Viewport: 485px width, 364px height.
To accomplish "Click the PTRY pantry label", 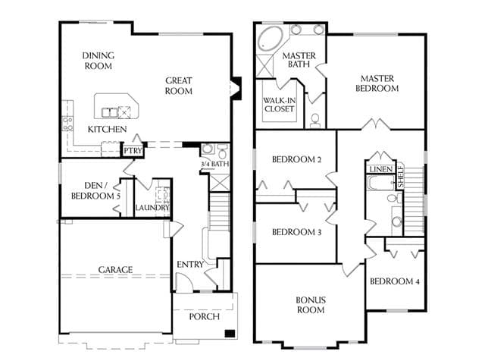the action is pyautogui.click(x=133, y=151).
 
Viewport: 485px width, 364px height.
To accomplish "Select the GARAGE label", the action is pyautogui.click(x=115, y=270).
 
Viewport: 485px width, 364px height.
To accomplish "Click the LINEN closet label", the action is pyautogui.click(x=380, y=169).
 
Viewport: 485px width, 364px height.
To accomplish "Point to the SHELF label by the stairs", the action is pyautogui.click(x=401, y=177).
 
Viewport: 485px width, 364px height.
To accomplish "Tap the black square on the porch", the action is pyautogui.click(x=230, y=334).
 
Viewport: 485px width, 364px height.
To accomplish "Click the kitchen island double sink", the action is pyautogui.click(x=110, y=112).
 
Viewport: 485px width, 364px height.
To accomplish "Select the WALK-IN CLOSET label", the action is pyautogui.click(x=280, y=105).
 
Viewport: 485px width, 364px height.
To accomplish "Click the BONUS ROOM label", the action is pyautogui.click(x=311, y=305).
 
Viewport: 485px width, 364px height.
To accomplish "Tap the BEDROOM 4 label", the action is pyautogui.click(x=395, y=281).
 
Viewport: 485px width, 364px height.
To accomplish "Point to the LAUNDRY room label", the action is pyautogui.click(x=152, y=207).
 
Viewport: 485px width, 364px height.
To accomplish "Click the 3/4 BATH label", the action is pyautogui.click(x=215, y=164).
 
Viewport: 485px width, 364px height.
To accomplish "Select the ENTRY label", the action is pyautogui.click(x=190, y=265).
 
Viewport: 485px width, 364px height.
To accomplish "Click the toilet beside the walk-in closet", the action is pyautogui.click(x=315, y=120).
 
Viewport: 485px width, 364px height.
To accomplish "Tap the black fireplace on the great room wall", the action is pyautogui.click(x=236, y=88).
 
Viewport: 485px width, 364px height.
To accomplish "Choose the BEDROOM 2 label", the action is pyautogui.click(x=296, y=159).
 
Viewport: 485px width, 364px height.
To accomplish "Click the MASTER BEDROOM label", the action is pyautogui.click(x=377, y=83).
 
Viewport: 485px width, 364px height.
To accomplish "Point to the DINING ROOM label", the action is pyautogui.click(x=99, y=61).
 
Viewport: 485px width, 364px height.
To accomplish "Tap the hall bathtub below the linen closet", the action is pyautogui.click(x=380, y=184).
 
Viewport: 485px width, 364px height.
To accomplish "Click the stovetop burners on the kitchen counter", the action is pyautogui.click(x=67, y=123).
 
